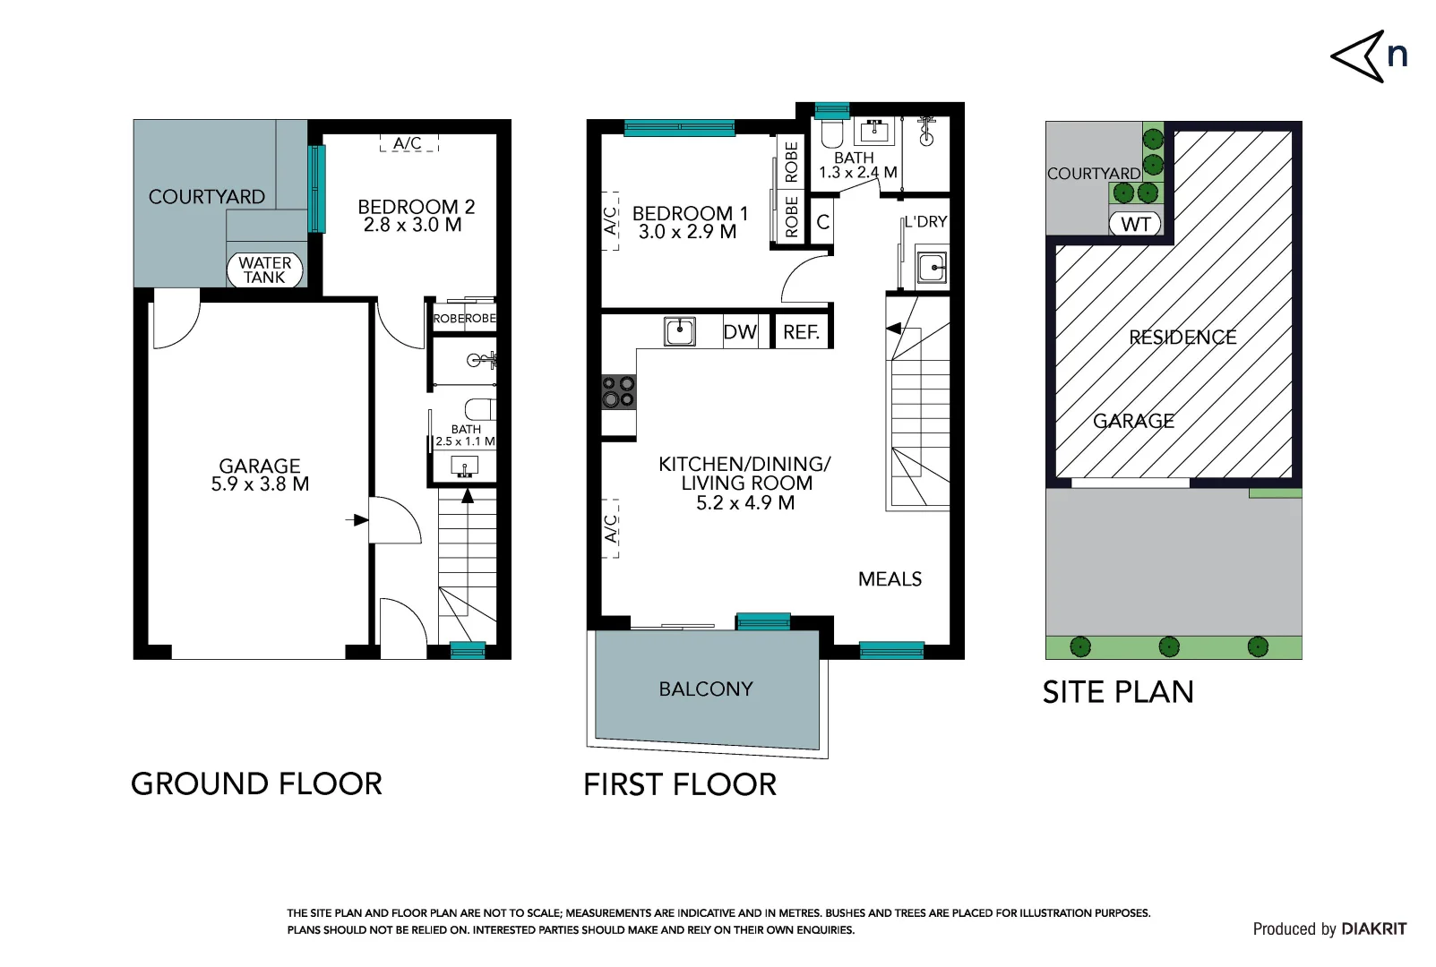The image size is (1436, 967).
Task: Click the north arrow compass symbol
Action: tap(1358, 56)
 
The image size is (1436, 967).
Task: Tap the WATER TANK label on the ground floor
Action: tap(265, 270)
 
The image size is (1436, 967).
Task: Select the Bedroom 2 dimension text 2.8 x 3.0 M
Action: tap(412, 225)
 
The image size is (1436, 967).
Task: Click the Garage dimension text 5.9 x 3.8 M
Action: tap(261, 483)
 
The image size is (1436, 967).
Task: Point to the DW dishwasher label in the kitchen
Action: tap(740, 332)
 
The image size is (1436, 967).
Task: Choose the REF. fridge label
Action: tap(802, 332)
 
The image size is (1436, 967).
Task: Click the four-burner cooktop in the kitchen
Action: tap(619, 392)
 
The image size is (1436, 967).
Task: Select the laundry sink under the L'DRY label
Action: tap(932, 267)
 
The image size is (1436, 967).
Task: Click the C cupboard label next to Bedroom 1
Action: tap(823, 222)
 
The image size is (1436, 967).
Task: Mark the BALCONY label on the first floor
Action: tap(706, 689)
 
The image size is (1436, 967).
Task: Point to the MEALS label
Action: tap(890, 579)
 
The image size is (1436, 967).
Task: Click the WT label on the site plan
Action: tap(1135, 224)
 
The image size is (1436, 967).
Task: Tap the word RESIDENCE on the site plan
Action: tap(1182, 337)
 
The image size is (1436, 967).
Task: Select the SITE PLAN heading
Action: tap(1118, 692)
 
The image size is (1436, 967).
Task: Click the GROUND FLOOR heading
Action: tap(256, 783)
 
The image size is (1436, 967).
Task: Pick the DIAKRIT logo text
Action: tap(1374, 928)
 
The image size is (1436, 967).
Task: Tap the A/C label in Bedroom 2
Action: tap(408, 143)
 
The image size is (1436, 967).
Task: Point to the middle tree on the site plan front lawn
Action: tap(1169, 646)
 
